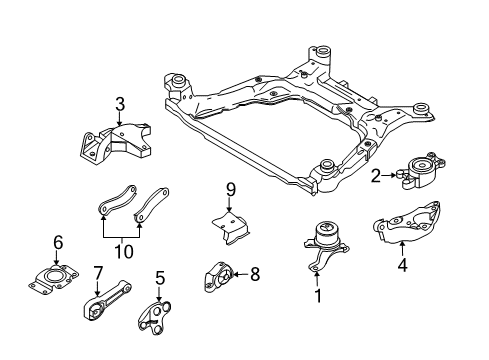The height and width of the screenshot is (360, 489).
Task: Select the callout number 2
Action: click(375, 177)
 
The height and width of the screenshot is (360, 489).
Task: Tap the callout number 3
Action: click(119, 103)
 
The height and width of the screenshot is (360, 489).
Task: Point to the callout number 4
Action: click(402, 266)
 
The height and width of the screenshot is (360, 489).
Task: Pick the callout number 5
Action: click(159, 278)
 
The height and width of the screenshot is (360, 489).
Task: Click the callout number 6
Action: click(58, 241)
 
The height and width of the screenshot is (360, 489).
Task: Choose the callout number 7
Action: click(98, 271)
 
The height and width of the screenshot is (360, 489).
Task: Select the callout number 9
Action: click(229, 189)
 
